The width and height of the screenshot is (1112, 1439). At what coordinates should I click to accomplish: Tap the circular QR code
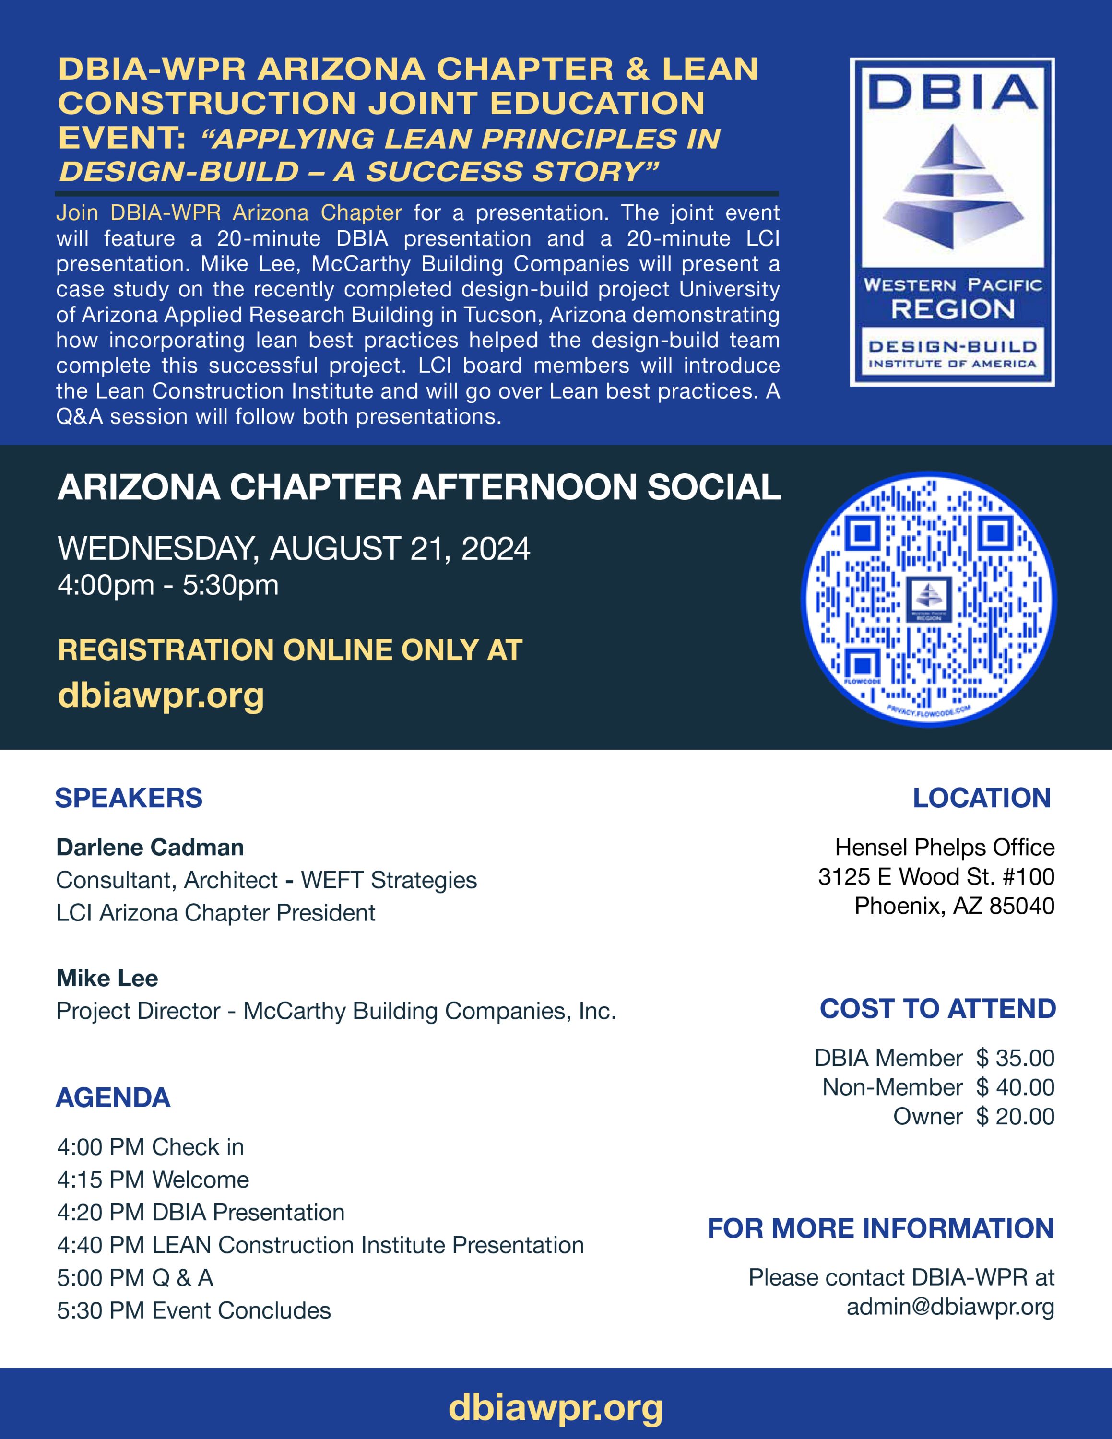[x=929, y=600]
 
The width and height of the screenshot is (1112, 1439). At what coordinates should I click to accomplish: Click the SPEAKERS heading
[x=129, y=798]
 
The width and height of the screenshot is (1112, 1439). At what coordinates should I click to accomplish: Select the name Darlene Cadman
[x=150, y=847]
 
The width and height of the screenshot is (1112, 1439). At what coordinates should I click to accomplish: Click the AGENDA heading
[x=113, y=1097]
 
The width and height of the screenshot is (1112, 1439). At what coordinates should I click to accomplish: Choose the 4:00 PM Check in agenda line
[x=150, y=1147]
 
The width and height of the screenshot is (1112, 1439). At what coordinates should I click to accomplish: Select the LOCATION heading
[x=982, y=798]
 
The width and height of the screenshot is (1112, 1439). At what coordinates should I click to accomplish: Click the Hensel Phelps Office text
[x=945, y=847]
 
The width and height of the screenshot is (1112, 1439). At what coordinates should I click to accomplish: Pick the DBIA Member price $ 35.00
[x=1015, y=1058]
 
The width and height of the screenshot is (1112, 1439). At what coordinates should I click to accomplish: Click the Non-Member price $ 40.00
[x=1015, y=1087]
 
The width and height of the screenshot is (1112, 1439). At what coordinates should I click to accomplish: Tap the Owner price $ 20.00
[x=1015, y=1116]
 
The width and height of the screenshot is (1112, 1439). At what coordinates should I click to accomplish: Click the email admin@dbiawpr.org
[x=950, y=1307]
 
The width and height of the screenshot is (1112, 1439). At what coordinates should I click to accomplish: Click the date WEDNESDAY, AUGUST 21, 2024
[x=294, y=549]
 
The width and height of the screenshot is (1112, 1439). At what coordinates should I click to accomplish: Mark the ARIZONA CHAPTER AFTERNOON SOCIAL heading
[x=419, y=487]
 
